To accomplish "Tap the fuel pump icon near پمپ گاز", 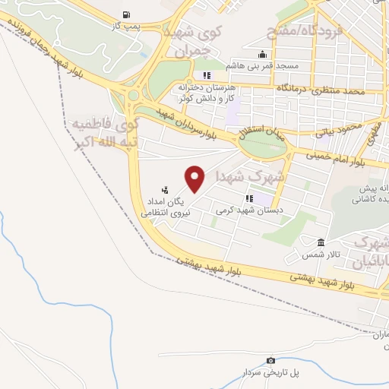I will coord(125,15).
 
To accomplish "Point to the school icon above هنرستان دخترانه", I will coord(207,75).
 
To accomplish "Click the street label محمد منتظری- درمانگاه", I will coord(327,90).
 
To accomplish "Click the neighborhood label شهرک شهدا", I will coord(250,176).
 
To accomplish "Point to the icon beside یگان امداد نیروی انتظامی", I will coord(165,190).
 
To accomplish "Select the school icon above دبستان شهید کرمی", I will coord(249,198).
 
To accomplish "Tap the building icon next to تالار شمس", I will coord(321,243).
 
